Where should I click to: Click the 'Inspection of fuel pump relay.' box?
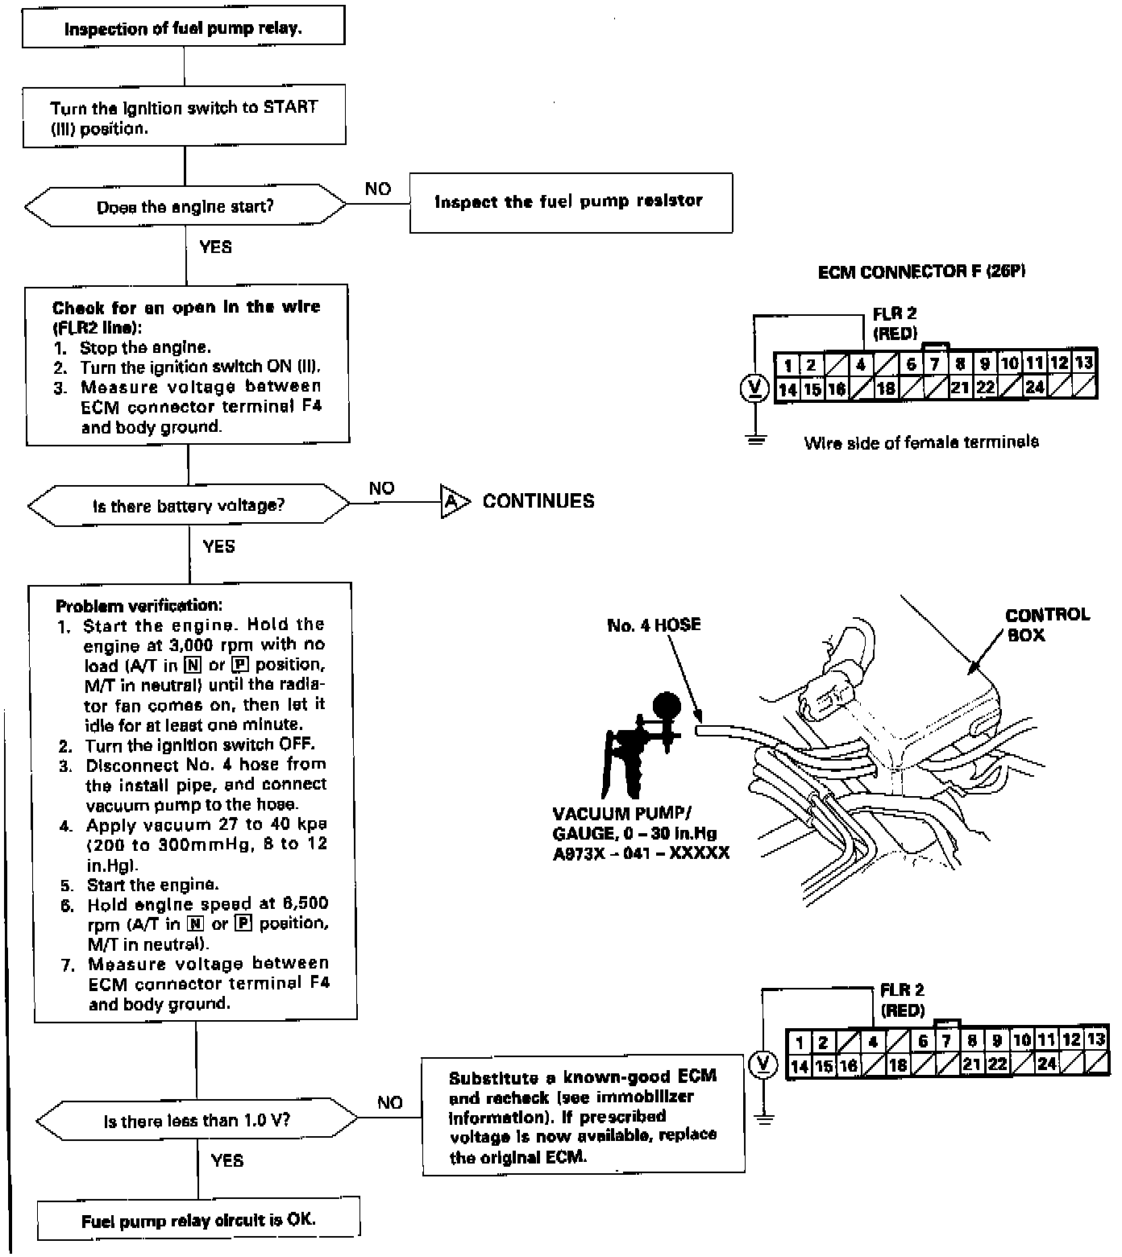tap(184, 28)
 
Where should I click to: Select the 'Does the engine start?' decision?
tap(185, 207)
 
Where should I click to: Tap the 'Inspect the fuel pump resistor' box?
tap(570, 202)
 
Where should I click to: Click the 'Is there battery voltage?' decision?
tap(189, 506)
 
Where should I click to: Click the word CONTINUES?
tap(538, 501)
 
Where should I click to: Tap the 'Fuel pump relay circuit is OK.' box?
tap(198, 1220)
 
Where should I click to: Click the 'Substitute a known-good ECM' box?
tap(583, 1116)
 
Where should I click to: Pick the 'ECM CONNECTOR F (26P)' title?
tap(921, 272)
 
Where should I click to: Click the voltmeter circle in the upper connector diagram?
tap(754, 388)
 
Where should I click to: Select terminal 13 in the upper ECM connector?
tap(1084, 363)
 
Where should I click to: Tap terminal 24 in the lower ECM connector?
tap(1046, 1064)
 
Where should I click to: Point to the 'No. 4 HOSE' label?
tap(654, 625)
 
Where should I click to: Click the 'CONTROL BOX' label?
tap(1046, 624)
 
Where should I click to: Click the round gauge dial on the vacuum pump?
tap(666, 704)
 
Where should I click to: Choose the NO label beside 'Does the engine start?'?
tap(378, 189)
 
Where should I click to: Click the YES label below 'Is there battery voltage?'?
tap(218, 546)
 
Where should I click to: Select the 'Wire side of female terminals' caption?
tap(920, 442)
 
